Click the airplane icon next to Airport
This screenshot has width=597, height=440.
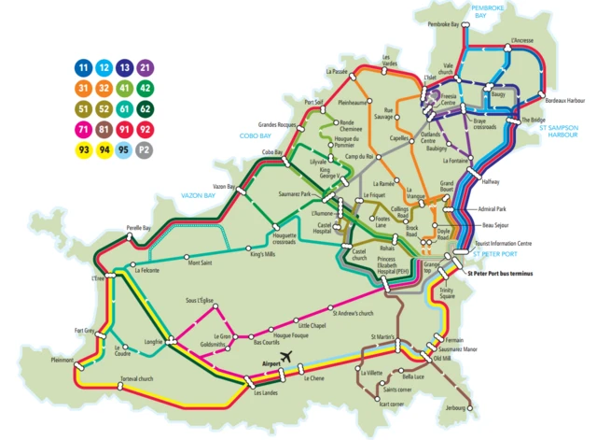pyautogui.click(x=286, y=358)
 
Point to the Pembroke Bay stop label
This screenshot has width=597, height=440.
pyautogui.click(x=443, y=24)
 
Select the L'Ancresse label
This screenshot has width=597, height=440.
pyautogui.click(x=522, y=41)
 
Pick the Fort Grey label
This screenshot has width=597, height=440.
pyautogui.click(x=84, y=330)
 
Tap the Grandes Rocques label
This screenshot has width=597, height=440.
pyautogui.click(x=278, y=124)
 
